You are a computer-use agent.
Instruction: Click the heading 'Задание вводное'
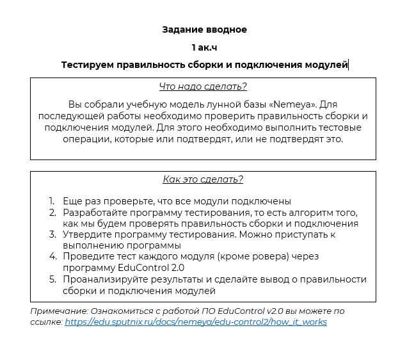click(x=203, y=29)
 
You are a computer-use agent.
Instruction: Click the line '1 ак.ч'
click(x=203, y=47)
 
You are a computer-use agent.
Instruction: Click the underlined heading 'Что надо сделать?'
click(x=203, y=86)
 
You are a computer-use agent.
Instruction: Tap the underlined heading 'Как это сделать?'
click(x=203, y=179)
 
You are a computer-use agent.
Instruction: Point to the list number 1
click(x=52, y=200)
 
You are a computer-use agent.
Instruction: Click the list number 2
click(x=52, y=212)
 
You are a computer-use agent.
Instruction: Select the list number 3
click(x=52, y=234)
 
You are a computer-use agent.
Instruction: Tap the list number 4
click(x=52, y=257)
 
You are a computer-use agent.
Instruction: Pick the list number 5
click(x=52, y=279)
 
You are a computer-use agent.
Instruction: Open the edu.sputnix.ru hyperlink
click(x=196, y=322)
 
